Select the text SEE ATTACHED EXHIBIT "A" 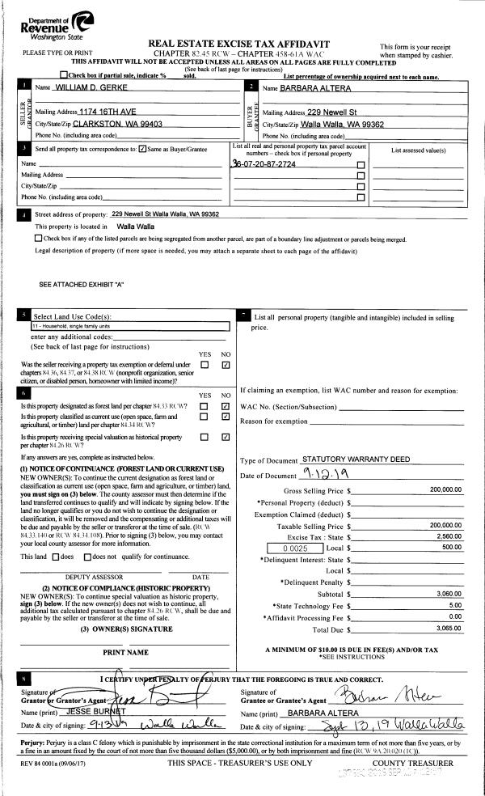tap(82, 284)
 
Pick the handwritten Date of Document tap(323, 473)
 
